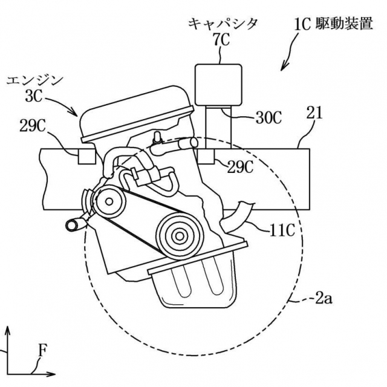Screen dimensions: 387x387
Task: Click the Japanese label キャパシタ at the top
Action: [223, 24]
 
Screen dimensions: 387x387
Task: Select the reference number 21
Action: [316, 113]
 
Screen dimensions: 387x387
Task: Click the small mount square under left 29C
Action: [86, 155]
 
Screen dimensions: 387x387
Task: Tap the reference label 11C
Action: [282, 229]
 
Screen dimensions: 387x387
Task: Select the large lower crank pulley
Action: [179, 233]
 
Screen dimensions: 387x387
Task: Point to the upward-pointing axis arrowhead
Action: [8, 331]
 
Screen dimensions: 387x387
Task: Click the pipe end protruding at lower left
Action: [73, 226]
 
